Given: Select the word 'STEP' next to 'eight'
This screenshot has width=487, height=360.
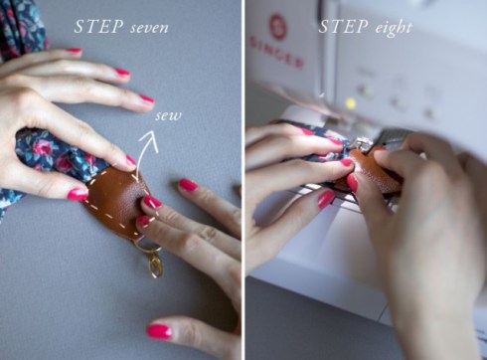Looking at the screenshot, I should (x=342, y=27).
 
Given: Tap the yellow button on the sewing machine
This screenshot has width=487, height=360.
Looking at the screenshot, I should (x=350, y=102).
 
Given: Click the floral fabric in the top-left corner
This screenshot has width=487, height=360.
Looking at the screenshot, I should (x=20, y=25).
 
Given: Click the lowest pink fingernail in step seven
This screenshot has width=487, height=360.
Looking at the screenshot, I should (x=159, y=330).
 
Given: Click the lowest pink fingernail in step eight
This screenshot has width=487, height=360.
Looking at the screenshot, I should (x=325, y=199).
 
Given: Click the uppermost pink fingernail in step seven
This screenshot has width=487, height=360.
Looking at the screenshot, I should (x=74, y=50).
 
